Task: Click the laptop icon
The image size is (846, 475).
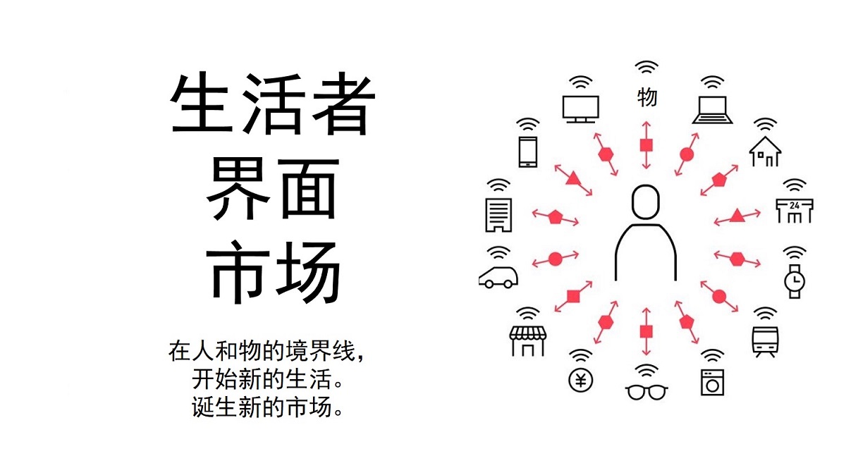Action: [x=712, y=110]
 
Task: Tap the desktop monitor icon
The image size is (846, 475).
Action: [x=580, y=109]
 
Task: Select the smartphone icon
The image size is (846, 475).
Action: [x=527, y=152]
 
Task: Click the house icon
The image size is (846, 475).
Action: [x=765, y=152]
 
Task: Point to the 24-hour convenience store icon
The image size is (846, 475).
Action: [x=795, y=211]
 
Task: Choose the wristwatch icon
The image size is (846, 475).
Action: [x=795, y=281]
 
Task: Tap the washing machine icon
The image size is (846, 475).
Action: [x=712, y=382]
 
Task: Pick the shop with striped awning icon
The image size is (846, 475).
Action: [x=527, y=341]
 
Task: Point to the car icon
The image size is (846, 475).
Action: [x=498, y=278]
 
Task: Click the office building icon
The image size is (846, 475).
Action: [x=498, y=215]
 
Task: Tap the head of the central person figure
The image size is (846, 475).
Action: [x=646, y=202]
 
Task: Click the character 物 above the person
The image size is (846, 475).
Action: [x=647, y=97]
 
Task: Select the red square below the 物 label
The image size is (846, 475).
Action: [x=646, y=145]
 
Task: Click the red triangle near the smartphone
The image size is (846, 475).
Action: [x=573, y=178]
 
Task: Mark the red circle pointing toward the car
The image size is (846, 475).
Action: [x=556, y=259]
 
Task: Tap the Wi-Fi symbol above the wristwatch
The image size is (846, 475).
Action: [x=795, y=253]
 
